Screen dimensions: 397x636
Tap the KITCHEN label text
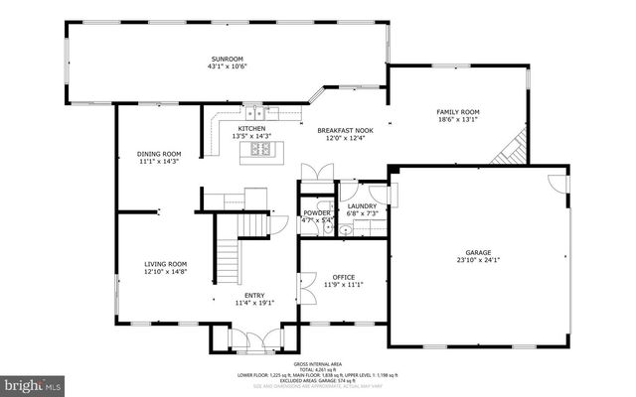(250, 129)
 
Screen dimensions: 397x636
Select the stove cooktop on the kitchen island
(260, 150)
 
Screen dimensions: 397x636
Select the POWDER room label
(317, 212)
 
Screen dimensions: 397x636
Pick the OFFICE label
(344, 277)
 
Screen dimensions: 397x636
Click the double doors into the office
(310, 254)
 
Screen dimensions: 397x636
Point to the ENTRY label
(253, 295)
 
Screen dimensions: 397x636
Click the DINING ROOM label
(159, 154)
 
